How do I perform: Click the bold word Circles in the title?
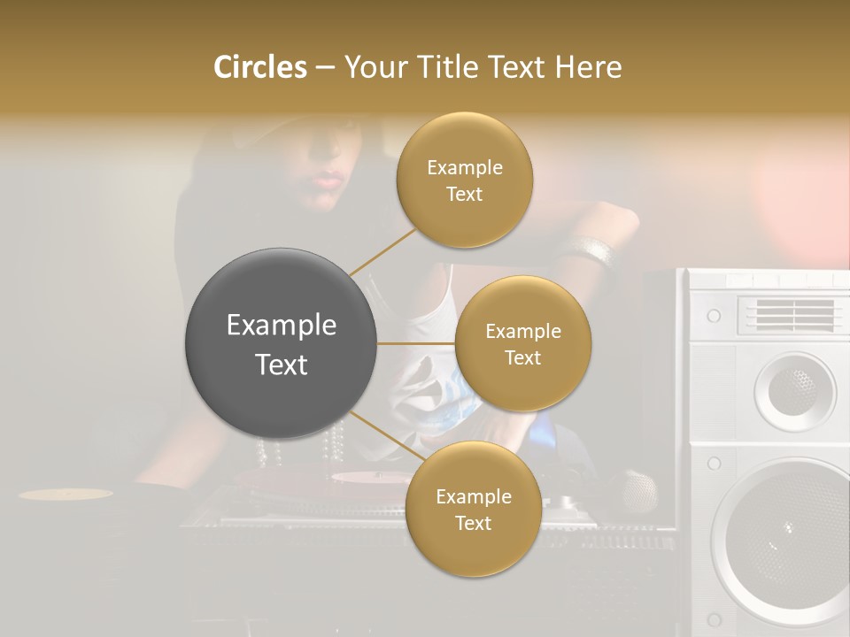259,67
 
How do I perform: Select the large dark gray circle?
282,343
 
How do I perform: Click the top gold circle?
465,180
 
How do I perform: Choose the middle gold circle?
522,343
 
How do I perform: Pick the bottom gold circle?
473,509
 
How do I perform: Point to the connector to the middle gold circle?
415,343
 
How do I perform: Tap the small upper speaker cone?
793,387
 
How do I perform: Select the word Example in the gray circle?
282,326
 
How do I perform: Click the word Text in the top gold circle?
465,195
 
